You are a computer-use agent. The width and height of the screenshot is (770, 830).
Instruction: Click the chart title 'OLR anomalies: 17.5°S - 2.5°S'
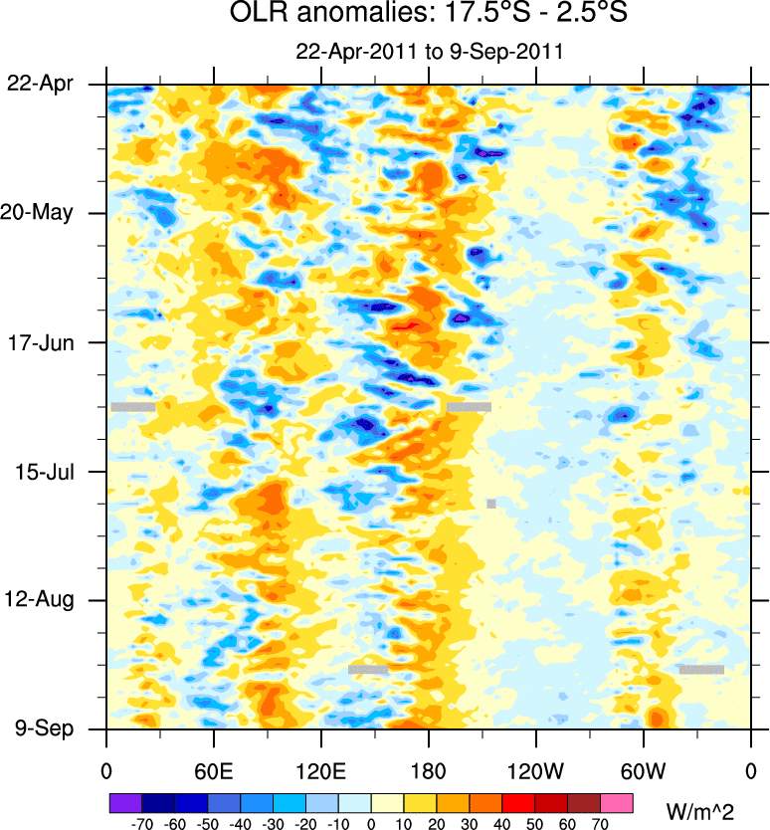429,15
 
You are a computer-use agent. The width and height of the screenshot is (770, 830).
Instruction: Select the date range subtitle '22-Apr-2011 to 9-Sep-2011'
429,52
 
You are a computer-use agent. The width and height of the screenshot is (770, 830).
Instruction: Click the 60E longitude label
213,771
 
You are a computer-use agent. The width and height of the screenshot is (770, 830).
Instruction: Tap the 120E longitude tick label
320,771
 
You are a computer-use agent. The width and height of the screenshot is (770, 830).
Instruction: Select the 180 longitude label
428,771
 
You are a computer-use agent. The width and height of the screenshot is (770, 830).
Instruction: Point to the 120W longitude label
535,771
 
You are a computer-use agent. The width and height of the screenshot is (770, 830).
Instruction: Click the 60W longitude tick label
643,771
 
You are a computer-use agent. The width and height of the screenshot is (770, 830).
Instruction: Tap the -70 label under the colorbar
141,823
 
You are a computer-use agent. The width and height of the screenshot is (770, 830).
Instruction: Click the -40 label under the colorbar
240,823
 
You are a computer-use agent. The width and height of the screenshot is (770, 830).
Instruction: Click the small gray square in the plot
491,504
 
